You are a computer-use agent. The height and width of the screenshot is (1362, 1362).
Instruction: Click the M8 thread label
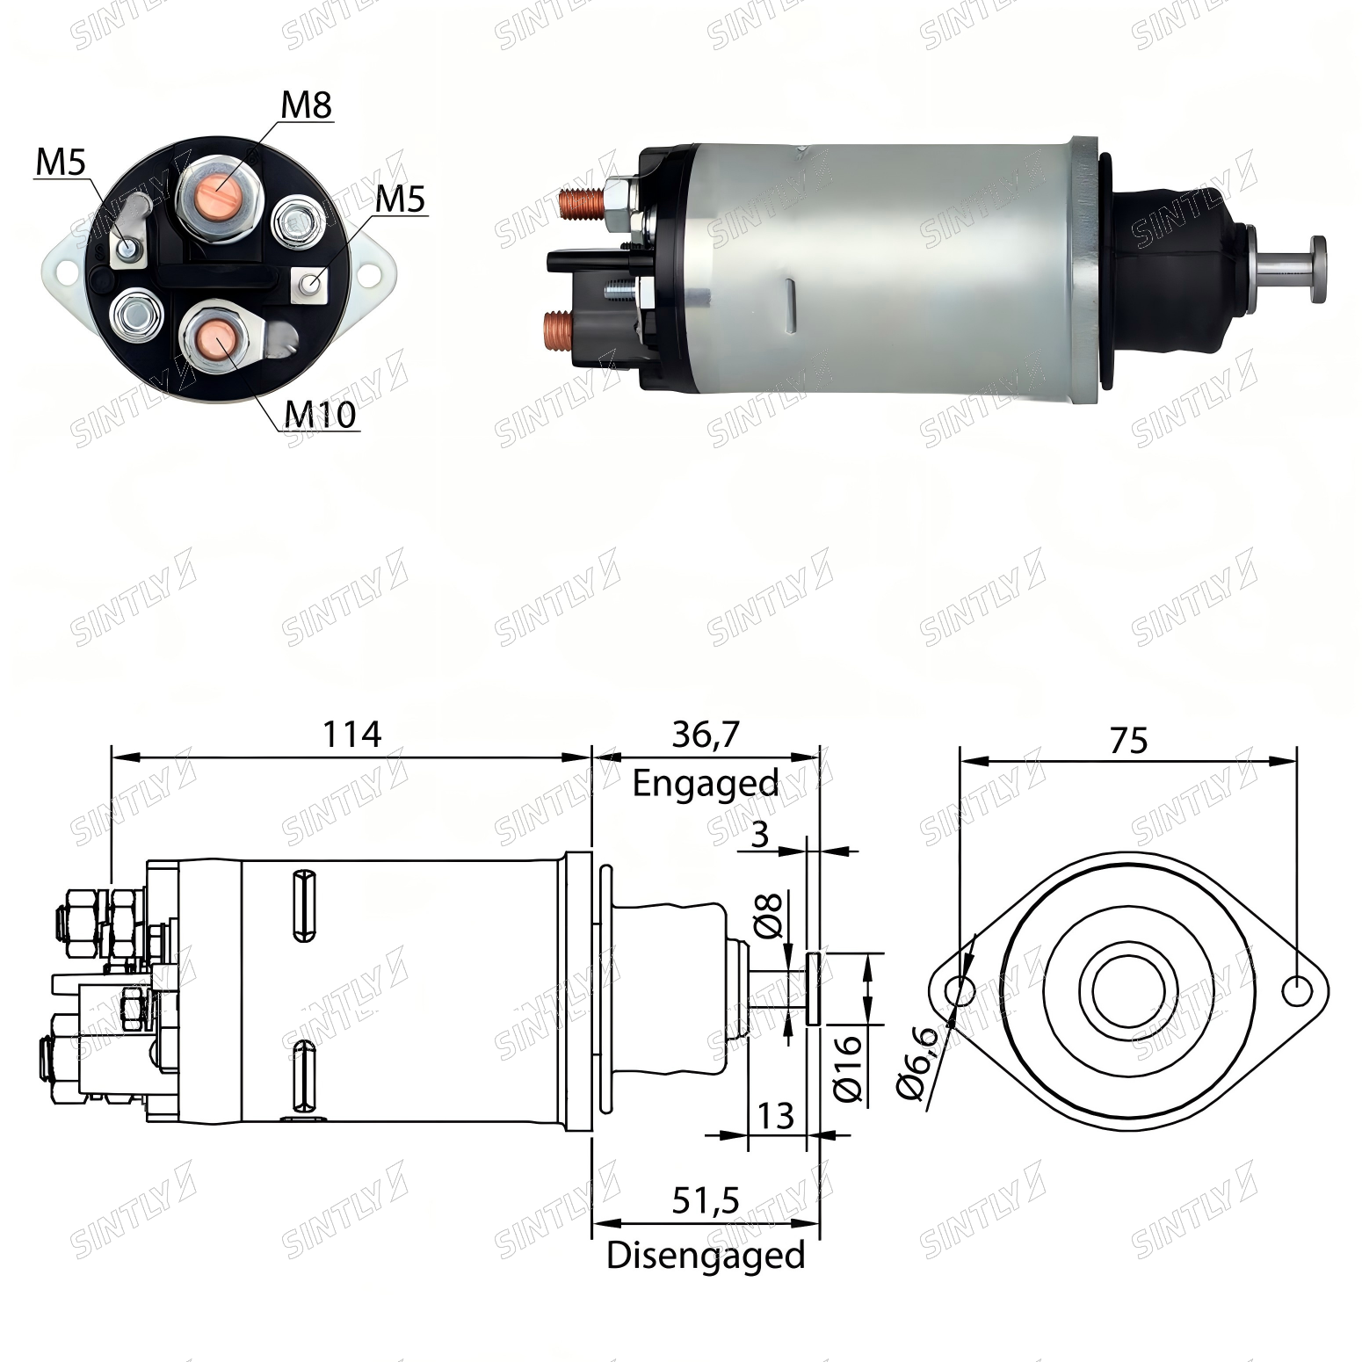[x=307, y=105]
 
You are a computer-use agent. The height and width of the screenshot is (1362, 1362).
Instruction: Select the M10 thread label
[x=322, y=414]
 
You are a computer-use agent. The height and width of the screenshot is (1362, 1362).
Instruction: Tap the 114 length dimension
[x=351, y=734]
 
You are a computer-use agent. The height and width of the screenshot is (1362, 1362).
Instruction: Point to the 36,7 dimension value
[x=706, y=735]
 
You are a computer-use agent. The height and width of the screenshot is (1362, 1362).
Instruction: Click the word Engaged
[x=706, y=783]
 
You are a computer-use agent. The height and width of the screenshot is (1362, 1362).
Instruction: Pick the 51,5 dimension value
[x=706, y=1200]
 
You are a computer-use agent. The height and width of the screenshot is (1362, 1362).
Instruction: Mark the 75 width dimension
[x=1128, y=741]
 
